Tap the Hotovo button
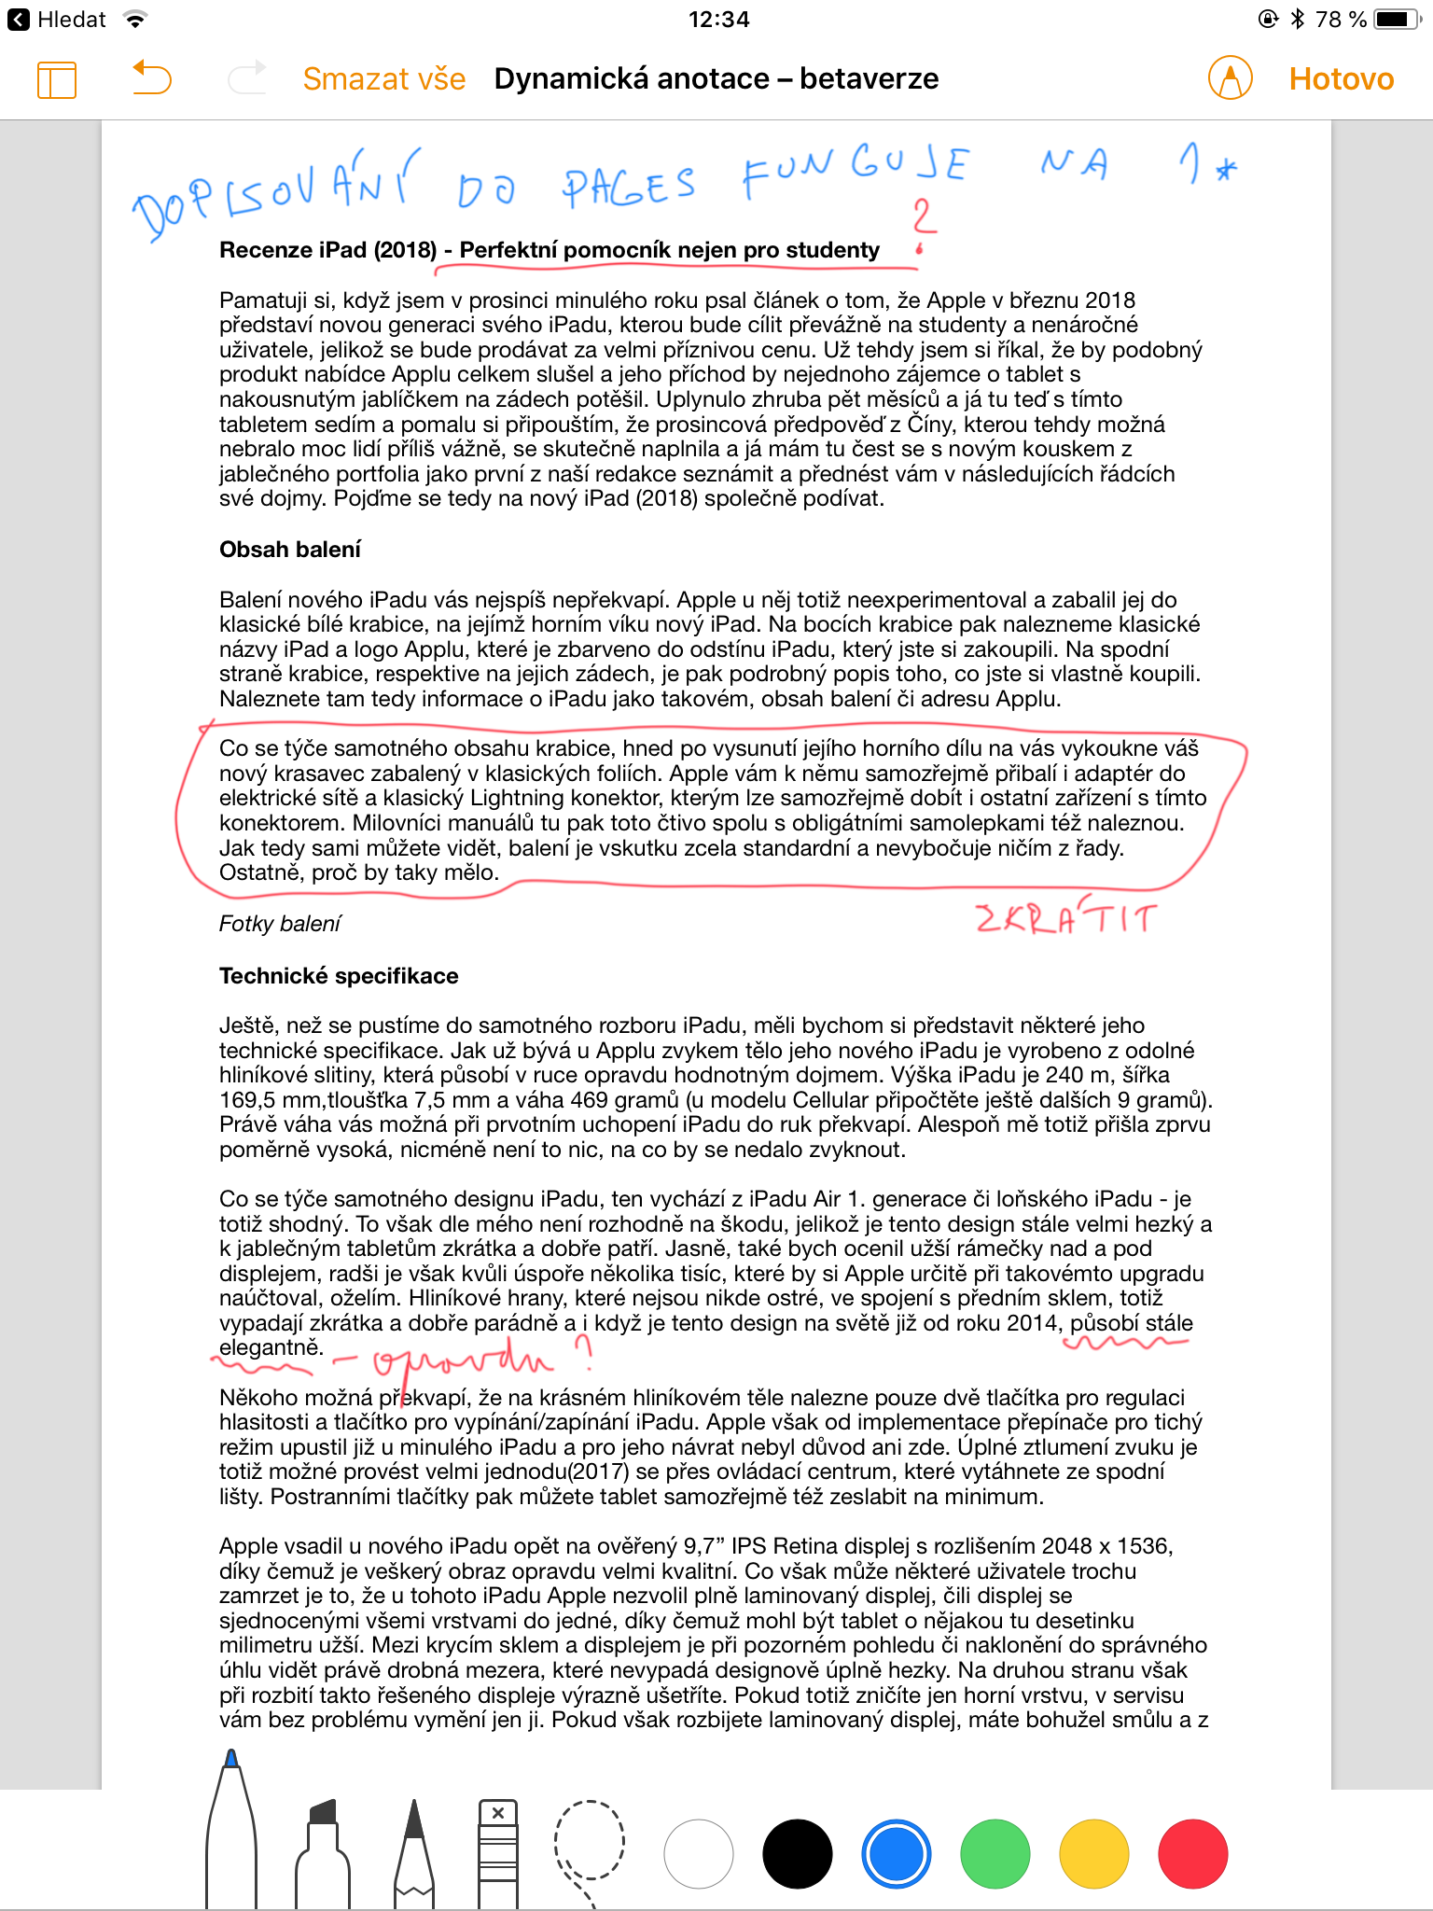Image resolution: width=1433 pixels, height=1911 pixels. point(1341,79)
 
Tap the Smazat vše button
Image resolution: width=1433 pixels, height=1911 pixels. point(383,79)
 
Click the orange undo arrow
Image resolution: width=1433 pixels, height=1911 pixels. point(152,78)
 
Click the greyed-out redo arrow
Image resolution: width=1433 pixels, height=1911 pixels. point(247,78)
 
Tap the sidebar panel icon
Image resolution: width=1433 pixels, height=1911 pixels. point(57,79)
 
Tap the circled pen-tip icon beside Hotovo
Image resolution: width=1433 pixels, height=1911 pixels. point(1230,78)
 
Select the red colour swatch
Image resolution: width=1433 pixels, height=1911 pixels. point(1192,1853)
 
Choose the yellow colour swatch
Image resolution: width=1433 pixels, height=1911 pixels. point(1093,1853)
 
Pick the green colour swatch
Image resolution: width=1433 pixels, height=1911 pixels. point(995,1853)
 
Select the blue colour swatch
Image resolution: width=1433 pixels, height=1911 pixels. point(896,1853)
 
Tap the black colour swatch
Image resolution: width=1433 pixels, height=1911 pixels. point(797,1853)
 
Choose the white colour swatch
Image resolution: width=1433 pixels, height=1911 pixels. point(698,1853)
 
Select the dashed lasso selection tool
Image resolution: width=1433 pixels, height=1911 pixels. point(590,1843)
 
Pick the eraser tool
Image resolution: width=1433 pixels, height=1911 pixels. point(498,1852)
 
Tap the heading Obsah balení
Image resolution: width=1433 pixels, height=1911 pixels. point(290,550)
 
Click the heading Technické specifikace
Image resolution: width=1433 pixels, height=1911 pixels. point(339,976)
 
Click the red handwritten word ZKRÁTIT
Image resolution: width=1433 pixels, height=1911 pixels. point(1066,918)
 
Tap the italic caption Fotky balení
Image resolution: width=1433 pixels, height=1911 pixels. point(280,924)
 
